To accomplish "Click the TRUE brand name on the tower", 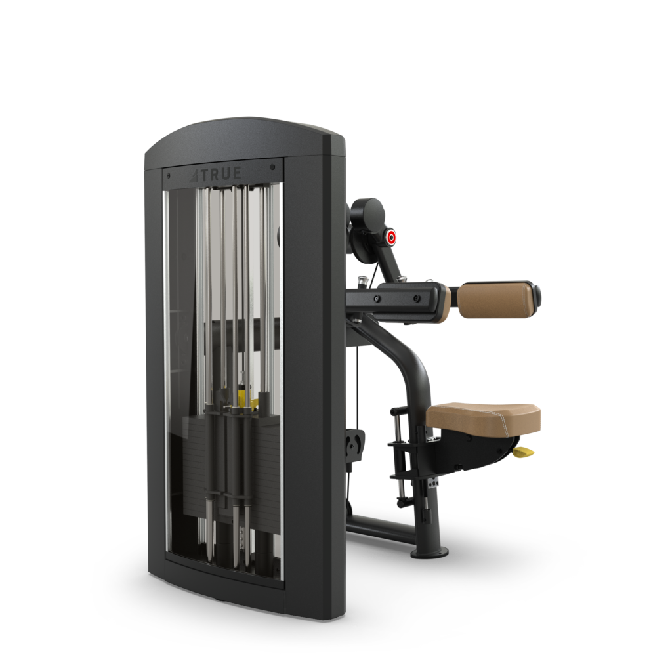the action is click(x=221, y=173).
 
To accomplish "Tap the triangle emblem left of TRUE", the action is click(x=194, y=176).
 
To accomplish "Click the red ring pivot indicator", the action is click(x=391, y=238).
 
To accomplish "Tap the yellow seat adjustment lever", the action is click(x=524, y=451).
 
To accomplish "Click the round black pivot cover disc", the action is click(x=367, y=212).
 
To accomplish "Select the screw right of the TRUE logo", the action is click(x=272, y=167).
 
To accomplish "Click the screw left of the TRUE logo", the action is click(x=169, y=176).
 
